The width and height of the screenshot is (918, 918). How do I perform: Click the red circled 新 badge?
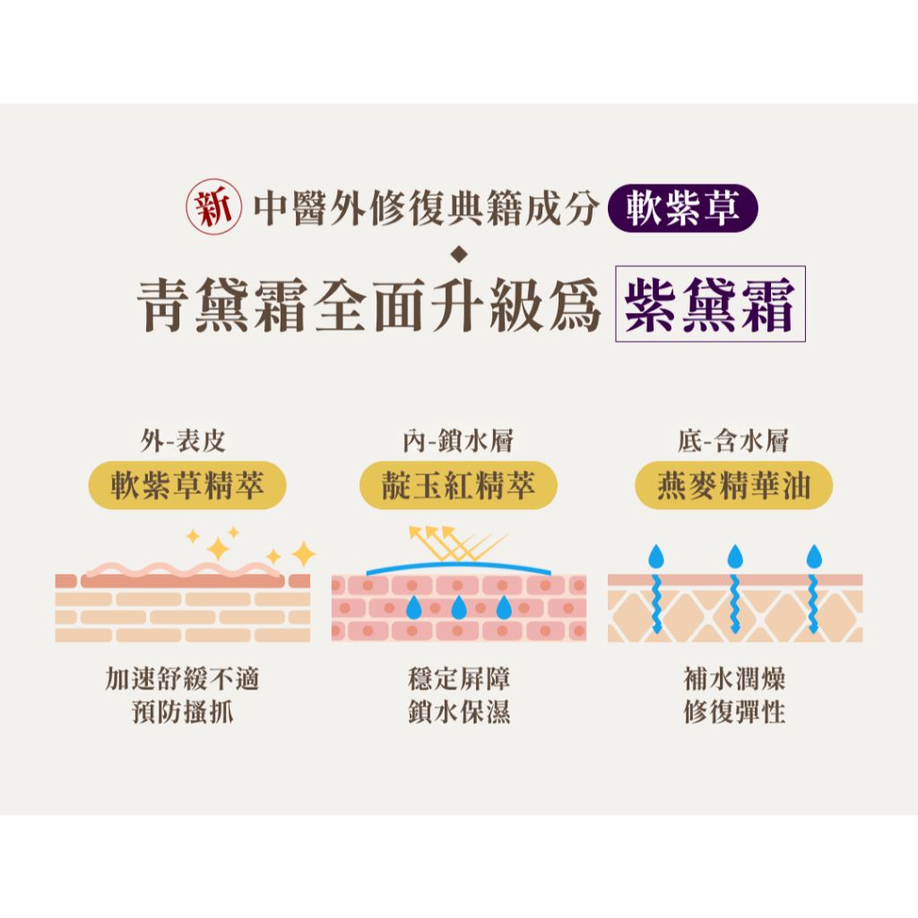tap(213, 207)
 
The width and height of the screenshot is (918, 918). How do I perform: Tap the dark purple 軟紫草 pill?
tap(683, 208)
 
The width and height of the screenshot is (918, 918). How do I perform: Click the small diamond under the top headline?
tap(459, 254)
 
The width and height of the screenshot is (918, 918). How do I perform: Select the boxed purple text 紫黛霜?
tap(710, 304)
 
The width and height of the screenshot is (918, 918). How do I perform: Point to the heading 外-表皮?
tap(183, 440)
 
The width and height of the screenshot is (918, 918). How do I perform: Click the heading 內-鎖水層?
tap(458, 440)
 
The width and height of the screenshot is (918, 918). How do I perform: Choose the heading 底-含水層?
tap(733, 440)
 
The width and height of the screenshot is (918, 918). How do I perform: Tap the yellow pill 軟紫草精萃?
tap(187, 485)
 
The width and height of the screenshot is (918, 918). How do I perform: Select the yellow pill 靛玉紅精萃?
tap(458, 485)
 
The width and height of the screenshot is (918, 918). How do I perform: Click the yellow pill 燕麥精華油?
tap(733, 485)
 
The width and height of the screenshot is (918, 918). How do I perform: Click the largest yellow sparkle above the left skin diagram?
tap(219, 549)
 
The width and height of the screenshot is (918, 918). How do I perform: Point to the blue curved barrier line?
tap(458, 567)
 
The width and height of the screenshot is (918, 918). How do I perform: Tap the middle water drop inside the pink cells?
tap(459, 607)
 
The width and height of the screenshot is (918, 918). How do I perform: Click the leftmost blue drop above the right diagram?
tap(656, 556)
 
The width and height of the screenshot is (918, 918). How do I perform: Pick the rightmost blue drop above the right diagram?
tap(814, 556)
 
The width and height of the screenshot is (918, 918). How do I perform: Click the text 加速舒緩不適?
tap(182, 680)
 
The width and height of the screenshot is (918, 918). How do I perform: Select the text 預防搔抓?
tap(183, 712)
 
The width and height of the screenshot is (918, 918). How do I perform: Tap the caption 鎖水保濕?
tap(459, 712)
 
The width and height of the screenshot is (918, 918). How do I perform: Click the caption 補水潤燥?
tap(734, 680)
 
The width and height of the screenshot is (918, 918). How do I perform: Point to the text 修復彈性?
tap(734, 712)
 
